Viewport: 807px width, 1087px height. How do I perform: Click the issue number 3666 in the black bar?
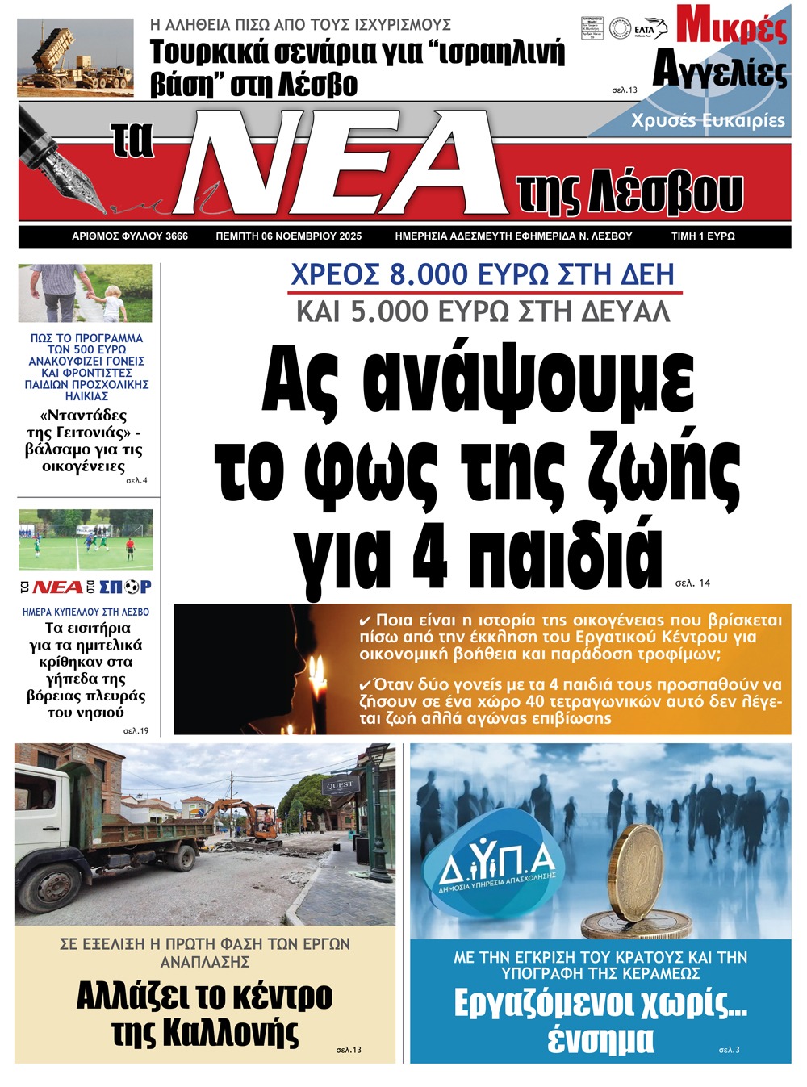tap(176, 236)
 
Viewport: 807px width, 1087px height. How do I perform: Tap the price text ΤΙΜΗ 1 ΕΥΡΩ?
tap(702, 236)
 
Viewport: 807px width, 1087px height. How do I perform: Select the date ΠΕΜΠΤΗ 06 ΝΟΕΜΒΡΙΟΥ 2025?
tap(288, 236)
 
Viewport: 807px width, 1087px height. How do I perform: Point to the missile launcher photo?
tap(74, 58)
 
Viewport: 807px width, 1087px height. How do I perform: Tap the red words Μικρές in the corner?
tap(731, 26)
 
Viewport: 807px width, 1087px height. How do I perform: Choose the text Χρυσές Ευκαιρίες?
tap(708, 120)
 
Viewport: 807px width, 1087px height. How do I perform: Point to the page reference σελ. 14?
tap(692, 583)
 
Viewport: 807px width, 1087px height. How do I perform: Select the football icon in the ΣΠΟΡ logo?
tap(132, 587)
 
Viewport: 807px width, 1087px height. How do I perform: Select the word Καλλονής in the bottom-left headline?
tap(205, 1032)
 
